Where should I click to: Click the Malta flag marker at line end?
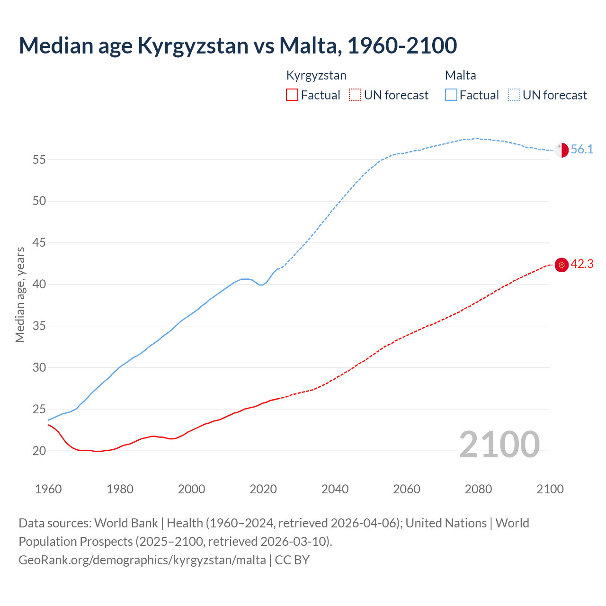click(x=561, y=150)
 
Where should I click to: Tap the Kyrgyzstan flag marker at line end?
click(x=561, y=265)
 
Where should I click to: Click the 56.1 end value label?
click(x=582, y=150)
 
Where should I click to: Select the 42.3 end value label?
click(x=582, y=264)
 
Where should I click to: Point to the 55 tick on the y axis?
click(x=39, y=160)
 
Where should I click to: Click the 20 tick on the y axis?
click(x=39, y=451)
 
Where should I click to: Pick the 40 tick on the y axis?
click(x=39, y=285)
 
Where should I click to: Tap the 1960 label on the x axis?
click(x=48, y=489)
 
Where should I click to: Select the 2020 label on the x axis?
click(x=263, y=489)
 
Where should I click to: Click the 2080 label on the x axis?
click(x=478, y=489)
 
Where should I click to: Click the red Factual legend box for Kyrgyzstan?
click(x=292, y=95)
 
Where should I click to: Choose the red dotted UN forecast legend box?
click(x=355, y=95)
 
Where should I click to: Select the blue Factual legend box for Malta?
click(x=451, y=95)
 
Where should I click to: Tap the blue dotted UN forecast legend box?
click(x=514, y=95)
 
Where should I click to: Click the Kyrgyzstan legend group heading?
click(x=316, y=76)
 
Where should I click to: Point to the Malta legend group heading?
click(x=460, y=76)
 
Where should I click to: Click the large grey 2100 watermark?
click(x=499, y=445)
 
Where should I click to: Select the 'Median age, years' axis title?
click(x=20, y=294)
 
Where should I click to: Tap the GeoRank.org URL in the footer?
click(x=142, y=560)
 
